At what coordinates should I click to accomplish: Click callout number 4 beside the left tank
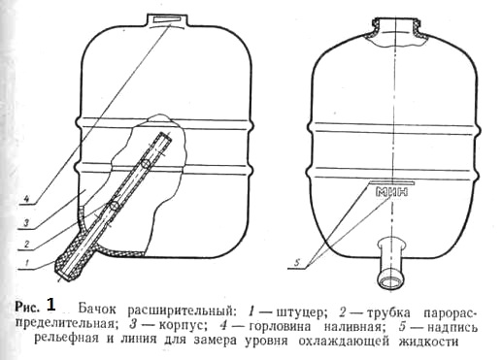27,198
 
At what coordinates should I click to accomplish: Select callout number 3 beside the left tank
26,222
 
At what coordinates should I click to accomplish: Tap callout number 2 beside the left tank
27,244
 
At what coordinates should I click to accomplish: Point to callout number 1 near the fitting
28,262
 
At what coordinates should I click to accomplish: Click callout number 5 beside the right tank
296,263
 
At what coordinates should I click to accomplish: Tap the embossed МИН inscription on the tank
391,192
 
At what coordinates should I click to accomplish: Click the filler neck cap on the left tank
167,19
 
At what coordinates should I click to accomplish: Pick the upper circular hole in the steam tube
146,164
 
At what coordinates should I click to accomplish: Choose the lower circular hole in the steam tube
114,205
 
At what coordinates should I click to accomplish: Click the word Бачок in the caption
97,310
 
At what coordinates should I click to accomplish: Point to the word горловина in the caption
280,326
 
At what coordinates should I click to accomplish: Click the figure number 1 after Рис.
50,305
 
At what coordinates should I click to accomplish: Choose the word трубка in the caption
385,312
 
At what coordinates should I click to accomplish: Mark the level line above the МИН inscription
391,182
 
